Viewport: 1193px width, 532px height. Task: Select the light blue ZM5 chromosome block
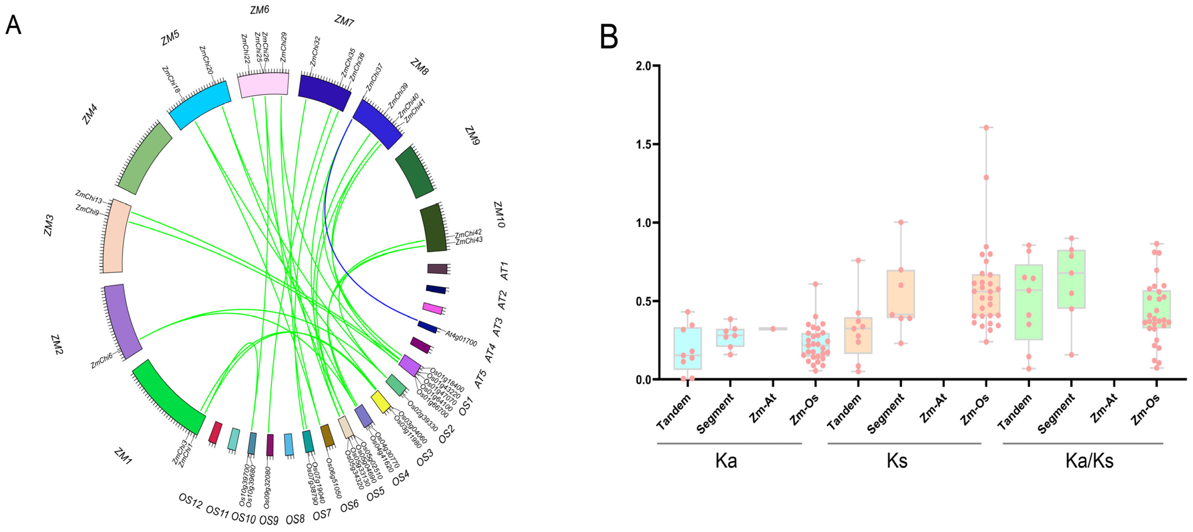click(x=199, y=105)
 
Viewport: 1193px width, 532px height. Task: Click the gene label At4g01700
click(x=461, y=338)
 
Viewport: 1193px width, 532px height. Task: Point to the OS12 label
click(x=190, y=501)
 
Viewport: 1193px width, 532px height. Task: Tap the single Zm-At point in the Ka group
click(x=773, y=329)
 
